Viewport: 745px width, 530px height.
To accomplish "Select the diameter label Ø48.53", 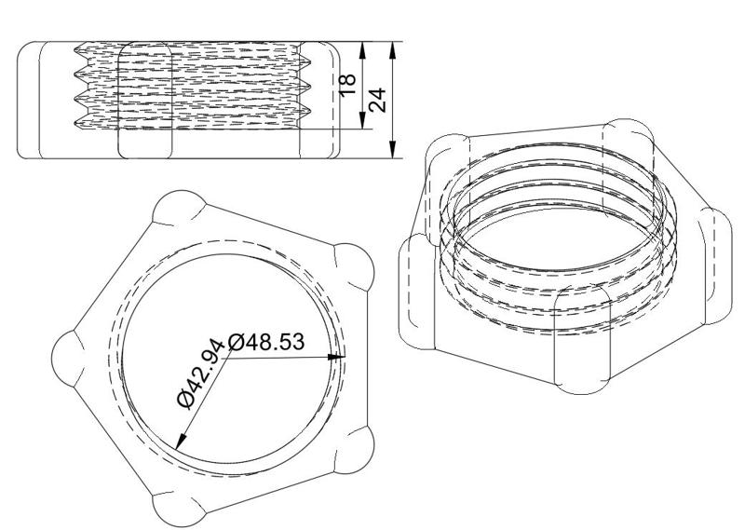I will click(266, 342).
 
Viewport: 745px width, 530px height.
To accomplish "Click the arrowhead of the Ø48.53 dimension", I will click(341, 356).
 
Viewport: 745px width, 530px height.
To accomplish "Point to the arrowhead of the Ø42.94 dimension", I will click(180, 442).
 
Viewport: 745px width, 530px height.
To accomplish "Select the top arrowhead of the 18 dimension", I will click(364, 48).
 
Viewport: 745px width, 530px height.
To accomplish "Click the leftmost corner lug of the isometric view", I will click(415, 292).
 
